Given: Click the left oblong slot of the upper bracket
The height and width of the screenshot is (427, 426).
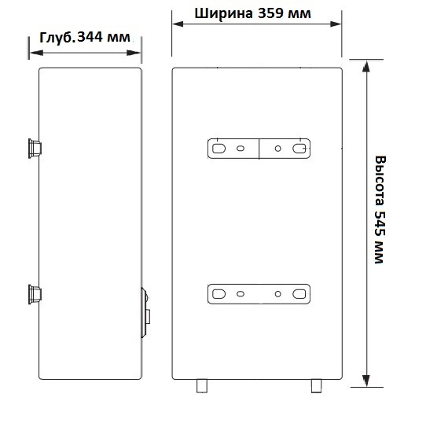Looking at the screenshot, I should tap(219, 148).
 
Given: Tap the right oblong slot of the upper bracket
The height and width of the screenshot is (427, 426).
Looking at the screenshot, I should tap(299, 148).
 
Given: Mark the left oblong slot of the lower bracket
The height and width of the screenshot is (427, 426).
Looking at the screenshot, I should tap(219, 294).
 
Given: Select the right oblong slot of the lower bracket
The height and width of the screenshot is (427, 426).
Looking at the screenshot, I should tap(299, 294).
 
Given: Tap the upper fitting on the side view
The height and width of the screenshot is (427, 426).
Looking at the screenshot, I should tap(35, 146).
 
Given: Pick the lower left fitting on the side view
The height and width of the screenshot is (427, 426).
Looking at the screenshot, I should tap(35, 293).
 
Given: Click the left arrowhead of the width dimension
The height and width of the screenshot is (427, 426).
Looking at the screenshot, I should tap(178, 24).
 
